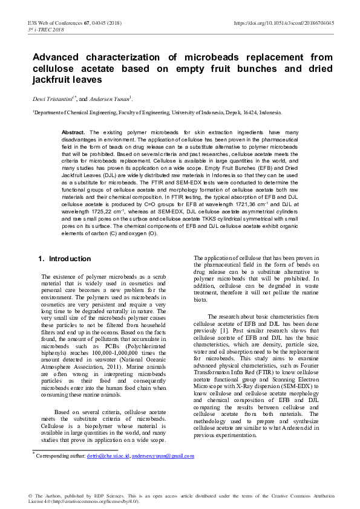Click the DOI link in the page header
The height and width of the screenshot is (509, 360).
pos(284,22)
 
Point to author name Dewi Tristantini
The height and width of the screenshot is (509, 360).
pos(52,99)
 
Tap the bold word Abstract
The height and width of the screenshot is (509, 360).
pos(73,132)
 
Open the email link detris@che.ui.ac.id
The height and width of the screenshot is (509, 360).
pos(108,455)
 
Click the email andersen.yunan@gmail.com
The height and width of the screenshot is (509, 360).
pos(163,455)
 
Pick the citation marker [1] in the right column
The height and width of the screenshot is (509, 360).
pos(224,331)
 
